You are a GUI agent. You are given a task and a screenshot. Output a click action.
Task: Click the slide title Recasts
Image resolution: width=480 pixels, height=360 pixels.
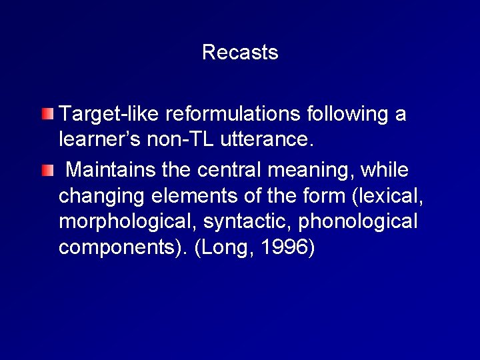[240, 52]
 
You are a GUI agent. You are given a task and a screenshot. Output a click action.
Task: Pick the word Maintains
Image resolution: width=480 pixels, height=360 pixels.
[111, 171]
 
